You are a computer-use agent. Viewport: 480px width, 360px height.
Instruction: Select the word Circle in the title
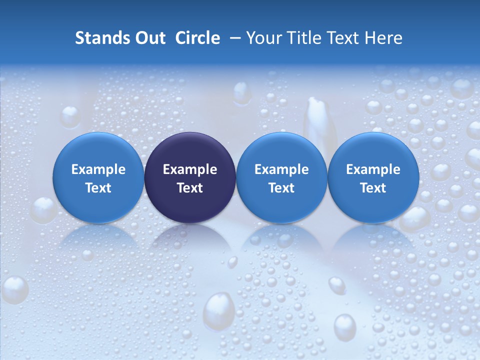tap(197, 38)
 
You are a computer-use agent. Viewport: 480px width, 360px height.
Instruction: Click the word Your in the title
tap(263, 38)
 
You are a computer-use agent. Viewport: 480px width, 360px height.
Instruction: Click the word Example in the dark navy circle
tap(190, 169)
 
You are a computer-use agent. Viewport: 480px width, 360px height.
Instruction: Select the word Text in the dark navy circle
tap(190, 188)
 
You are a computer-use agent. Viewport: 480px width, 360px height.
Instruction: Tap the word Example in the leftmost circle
tap(98, 169)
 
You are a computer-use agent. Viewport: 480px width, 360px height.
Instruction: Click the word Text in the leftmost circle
tap(98, 188)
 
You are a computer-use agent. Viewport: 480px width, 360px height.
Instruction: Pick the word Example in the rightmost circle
tap(373, 169)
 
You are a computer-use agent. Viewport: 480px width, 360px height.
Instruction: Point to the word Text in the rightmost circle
tap(373, 188)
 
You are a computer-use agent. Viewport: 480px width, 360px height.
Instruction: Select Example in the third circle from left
tap(281, 169)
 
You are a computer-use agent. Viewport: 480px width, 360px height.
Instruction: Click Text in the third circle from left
tap(281, 188)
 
